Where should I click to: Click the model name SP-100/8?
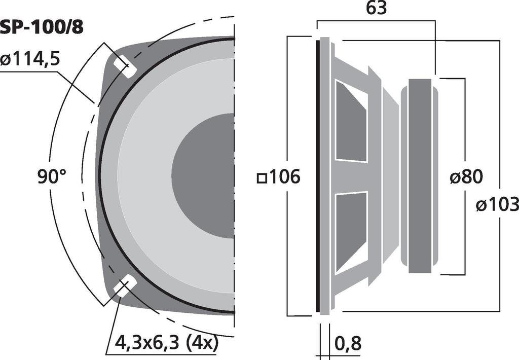pos(42,27)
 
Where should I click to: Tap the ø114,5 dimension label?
pos(30,60)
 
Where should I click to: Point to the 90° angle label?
pos(52,176)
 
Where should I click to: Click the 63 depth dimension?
pos(377,8)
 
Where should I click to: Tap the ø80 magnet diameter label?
pos(466,176)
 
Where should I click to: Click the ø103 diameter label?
pos(497,204)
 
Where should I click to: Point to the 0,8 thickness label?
pos(348,343)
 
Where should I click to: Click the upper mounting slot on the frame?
pos(126,67)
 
